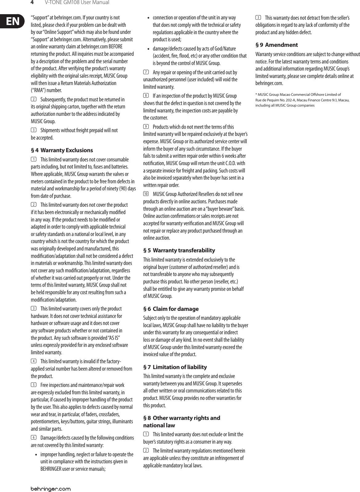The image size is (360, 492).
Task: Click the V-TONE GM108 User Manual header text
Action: [x=77, y=3]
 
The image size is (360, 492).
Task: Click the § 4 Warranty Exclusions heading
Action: [x=62, y=150]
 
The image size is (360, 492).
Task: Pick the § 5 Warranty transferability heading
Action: [x=179, y=250]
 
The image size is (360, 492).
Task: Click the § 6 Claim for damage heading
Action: [x=171, y=309]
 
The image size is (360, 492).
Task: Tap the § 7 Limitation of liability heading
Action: [x=175, y=367]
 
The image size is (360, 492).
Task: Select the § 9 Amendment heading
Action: [x=277, y=45]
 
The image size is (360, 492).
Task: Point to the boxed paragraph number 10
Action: [x=146, y=194]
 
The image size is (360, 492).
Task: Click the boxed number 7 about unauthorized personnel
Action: [x=146, y=72]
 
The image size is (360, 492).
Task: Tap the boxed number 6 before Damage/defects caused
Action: [x=33, y=438]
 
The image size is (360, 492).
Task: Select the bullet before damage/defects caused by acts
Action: [x=149, y=49]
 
